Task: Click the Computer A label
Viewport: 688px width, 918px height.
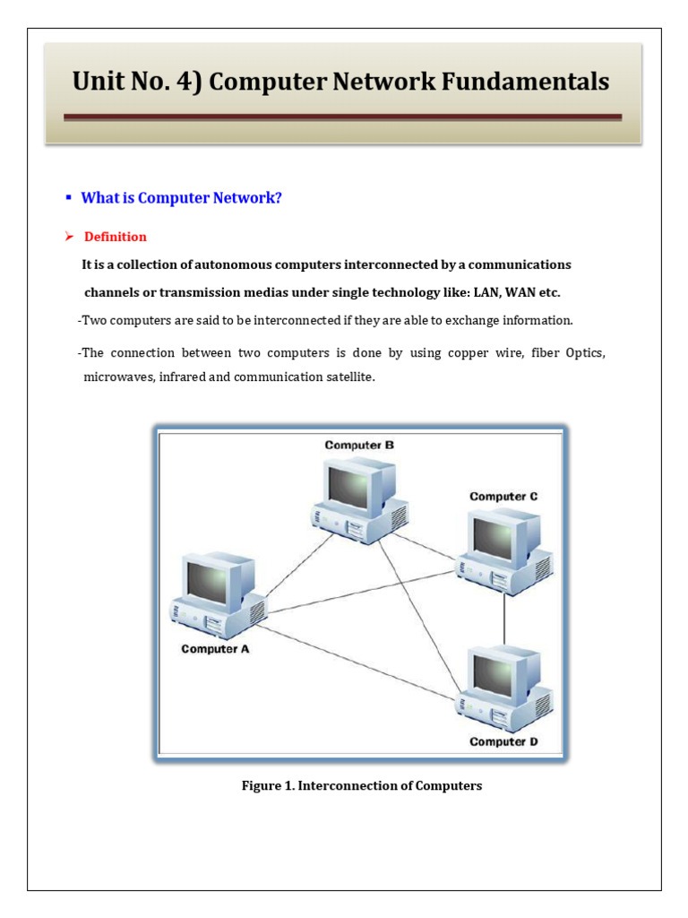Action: pyautogui.click(x=215, y=649)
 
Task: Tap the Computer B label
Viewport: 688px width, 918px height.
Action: pyautogui.click(x=358, y=445)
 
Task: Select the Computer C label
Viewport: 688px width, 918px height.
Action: pyautogui.click(x=503, y=496)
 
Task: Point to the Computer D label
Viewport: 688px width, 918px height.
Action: pyautogui.click(x=503, y=741)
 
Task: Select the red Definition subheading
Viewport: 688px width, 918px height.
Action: pyautogui.click(x=116, y=237)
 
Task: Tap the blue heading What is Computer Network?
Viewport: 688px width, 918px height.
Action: pyautogui.click(x=181, y=198)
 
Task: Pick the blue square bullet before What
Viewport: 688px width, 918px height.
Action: pyautogui.click(x=68, y=197)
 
